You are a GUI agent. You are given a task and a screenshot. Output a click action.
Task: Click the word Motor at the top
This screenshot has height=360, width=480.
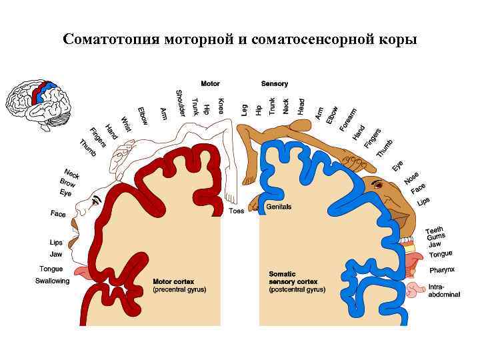210,84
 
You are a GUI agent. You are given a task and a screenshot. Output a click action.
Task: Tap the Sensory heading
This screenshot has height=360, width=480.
275,84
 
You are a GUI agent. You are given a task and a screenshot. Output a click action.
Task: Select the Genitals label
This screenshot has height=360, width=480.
279,207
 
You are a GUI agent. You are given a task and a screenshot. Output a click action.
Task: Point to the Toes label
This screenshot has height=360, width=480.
237,211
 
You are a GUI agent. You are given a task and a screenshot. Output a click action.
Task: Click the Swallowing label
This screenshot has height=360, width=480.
52,281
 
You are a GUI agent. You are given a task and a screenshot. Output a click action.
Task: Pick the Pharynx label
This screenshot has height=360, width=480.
442,270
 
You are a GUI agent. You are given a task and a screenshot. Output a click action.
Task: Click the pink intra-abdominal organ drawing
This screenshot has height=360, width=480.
416,290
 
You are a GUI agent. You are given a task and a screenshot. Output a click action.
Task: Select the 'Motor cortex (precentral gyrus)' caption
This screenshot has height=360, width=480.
179,285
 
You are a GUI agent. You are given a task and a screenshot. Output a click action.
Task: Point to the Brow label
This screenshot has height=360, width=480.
68,182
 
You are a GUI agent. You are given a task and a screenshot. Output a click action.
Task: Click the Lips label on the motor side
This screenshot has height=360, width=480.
56,243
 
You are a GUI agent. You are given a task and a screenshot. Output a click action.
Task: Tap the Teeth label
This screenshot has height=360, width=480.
435,230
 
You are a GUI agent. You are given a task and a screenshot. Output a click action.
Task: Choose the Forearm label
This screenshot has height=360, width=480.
347,119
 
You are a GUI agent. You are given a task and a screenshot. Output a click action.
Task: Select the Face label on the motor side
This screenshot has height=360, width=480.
58,214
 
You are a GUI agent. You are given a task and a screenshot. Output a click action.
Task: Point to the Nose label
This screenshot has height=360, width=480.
411,177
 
